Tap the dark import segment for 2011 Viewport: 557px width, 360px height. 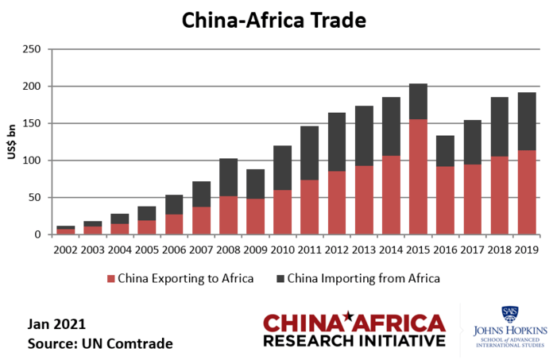point(311,153)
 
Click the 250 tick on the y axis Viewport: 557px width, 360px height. point(31,49)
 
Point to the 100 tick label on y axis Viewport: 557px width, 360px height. point(31,161)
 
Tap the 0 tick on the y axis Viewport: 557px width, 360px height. point(37,234)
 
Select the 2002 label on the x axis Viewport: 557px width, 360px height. point(67,250)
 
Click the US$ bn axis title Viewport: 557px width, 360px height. point(12,142)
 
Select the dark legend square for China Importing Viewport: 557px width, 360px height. point(282,279)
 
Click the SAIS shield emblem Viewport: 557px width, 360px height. point(508,315)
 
